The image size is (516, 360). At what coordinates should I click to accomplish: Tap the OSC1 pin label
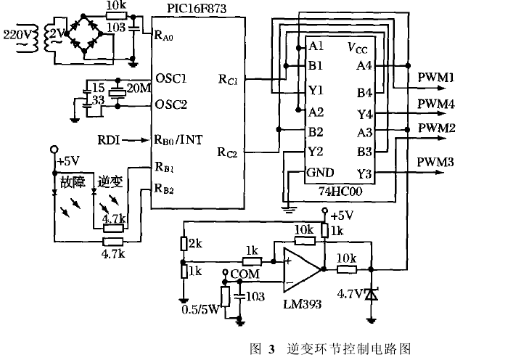171,78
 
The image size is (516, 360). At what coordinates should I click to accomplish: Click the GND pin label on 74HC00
320,173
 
